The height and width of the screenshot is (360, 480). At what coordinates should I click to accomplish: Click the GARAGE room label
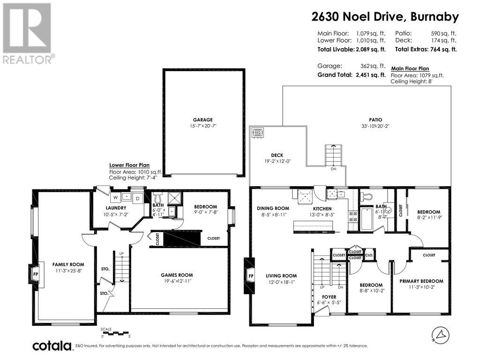pos(204,120)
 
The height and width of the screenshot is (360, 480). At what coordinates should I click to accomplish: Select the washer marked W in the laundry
pos(115,198)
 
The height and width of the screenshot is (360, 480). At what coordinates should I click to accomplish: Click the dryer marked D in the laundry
pos(138,198)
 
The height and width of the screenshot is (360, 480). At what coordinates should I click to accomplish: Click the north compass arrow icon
pos(438,334)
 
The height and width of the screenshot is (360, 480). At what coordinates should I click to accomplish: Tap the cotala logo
pos(52,346)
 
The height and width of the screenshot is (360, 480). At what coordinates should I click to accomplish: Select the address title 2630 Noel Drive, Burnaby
pos(385,17)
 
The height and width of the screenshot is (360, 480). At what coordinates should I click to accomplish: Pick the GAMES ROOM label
pos(177,275)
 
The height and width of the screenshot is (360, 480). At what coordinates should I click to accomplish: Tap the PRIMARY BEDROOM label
pos(421,281)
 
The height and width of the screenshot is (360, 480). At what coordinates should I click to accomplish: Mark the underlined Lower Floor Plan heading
pos(129,165)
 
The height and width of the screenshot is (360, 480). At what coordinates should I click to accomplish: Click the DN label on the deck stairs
pos(333,169)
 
